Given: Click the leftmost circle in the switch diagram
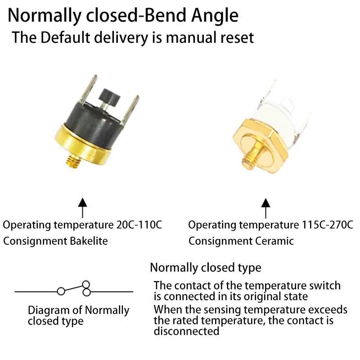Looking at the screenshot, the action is [x=61, y=292].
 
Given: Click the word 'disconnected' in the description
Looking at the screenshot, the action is [x=186, y=331].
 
